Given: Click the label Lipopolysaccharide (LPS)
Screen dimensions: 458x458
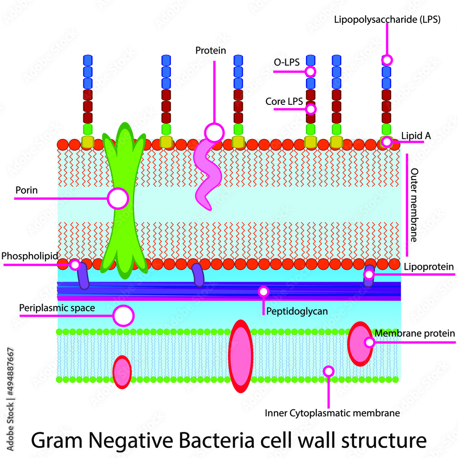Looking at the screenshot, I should tap(387, 20).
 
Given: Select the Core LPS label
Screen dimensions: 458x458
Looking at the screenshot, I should tap(284, 101).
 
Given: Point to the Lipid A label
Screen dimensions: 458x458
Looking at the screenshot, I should tap(413, 136).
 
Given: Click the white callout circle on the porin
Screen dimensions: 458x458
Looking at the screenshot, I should tap(118, 198).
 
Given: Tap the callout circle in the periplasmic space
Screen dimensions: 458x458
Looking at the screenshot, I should tap(123, 316).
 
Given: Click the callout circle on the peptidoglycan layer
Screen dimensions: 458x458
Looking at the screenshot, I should tap(263, 291).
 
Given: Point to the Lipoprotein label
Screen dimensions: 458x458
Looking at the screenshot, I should tap(429, 266).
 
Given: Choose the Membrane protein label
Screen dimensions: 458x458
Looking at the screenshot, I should tap(414, 333).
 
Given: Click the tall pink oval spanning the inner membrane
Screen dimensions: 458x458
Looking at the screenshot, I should tap(240, 356).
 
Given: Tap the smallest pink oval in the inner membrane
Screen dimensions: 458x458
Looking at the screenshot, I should tap(122, 372).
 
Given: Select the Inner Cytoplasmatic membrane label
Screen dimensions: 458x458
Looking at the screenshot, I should tap(333, 413).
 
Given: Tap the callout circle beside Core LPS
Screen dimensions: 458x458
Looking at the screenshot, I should tap(311, 109).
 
